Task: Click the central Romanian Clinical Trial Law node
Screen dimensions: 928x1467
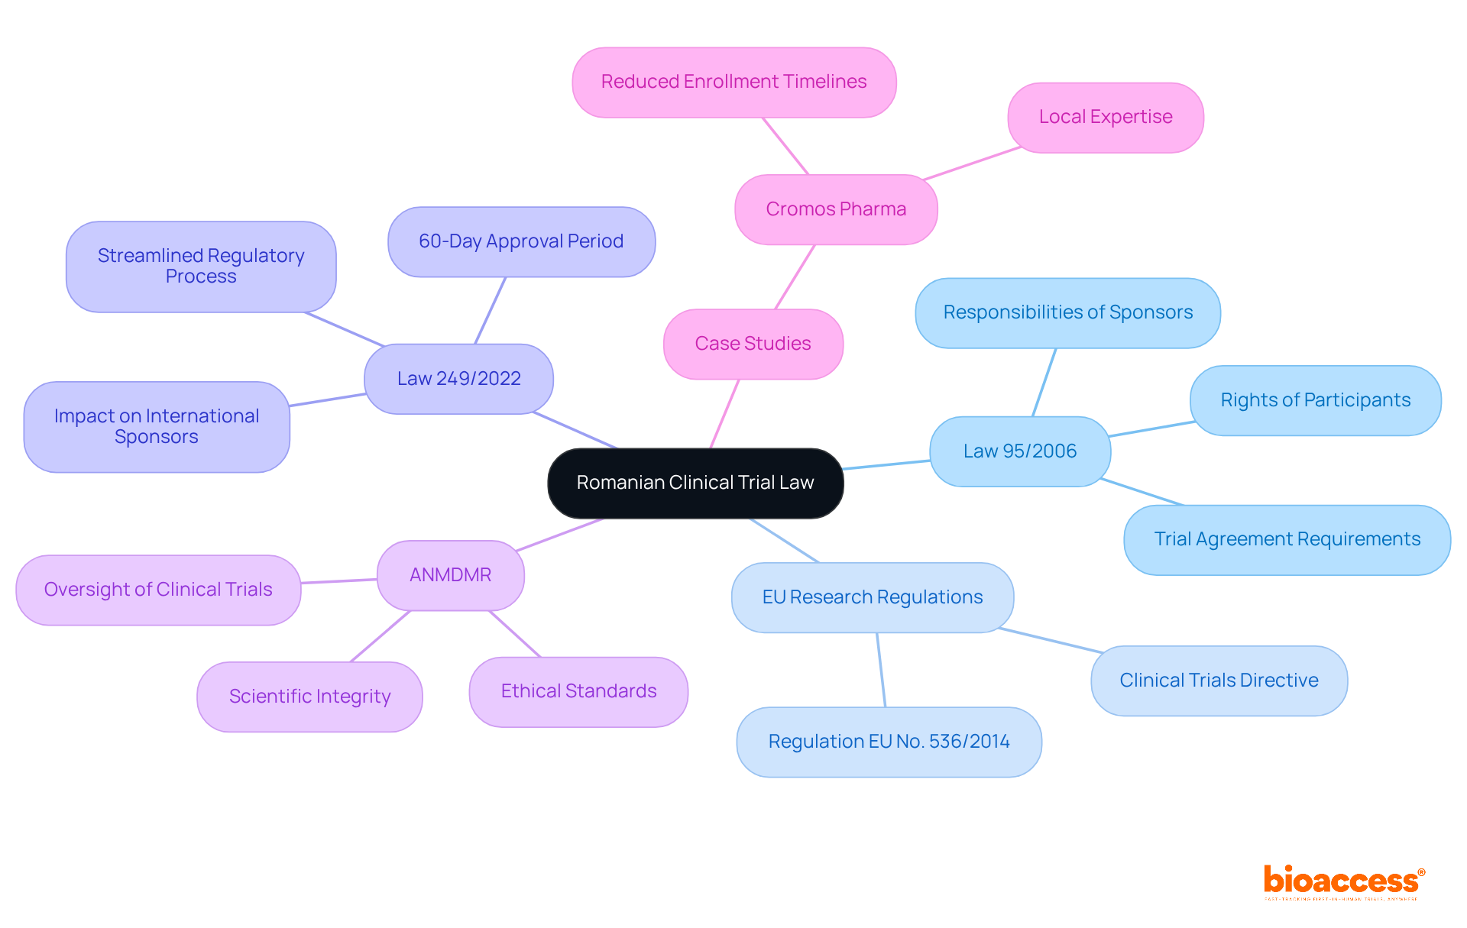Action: pos(695,483)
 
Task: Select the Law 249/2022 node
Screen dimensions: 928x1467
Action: pos(458,379)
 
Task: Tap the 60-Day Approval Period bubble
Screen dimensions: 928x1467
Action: pos(521,241)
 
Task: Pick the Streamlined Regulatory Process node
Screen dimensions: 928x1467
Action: pos(201,266)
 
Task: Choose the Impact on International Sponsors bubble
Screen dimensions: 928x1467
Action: pos(157,426)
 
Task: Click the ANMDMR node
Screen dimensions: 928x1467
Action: pos(450,575)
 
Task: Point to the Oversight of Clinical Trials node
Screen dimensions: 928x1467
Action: pos(158,590)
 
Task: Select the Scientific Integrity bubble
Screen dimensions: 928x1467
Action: pos(309,697)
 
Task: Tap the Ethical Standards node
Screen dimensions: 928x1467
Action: pos(578,691)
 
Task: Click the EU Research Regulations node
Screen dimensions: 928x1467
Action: pos(873,597)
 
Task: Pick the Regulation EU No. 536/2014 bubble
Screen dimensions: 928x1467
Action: pos(889,742)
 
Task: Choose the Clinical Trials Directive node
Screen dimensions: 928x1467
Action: pos(1219,681)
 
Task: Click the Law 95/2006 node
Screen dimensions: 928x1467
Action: pos(1020,451)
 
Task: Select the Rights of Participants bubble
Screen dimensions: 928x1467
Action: pos(1315,400)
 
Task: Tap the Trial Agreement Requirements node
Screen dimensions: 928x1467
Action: pos(1287,539)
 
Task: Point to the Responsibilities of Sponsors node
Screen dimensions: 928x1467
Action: pos(1067,312)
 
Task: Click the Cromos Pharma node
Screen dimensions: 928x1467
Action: pos(836,209)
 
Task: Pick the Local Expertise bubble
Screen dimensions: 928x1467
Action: pos(1105,117)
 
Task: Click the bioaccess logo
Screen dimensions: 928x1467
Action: pos(1343,881)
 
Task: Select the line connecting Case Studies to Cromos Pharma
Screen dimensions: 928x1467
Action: pos(795,276)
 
